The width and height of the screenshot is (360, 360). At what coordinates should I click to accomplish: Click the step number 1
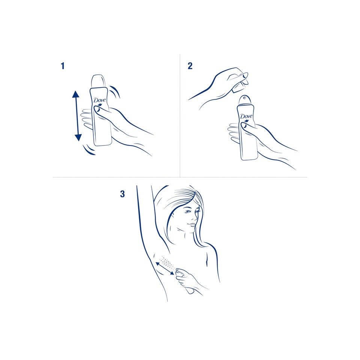63,66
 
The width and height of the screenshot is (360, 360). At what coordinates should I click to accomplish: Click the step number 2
190,66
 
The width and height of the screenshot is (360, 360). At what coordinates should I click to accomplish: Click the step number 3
122,194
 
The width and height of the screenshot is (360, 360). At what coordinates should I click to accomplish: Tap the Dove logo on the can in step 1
100,101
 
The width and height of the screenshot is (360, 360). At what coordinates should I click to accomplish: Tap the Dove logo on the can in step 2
246,117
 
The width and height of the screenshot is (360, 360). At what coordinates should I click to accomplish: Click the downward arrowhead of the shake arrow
78,137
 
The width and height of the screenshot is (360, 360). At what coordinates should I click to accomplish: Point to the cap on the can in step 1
99,81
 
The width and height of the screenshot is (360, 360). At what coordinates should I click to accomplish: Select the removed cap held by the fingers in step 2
239,87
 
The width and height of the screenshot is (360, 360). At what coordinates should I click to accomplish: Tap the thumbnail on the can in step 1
98,111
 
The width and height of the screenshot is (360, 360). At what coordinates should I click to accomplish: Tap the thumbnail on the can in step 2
245,126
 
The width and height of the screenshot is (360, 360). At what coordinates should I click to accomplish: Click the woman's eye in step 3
188,211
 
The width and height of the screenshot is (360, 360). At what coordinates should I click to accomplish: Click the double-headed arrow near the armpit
165,268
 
